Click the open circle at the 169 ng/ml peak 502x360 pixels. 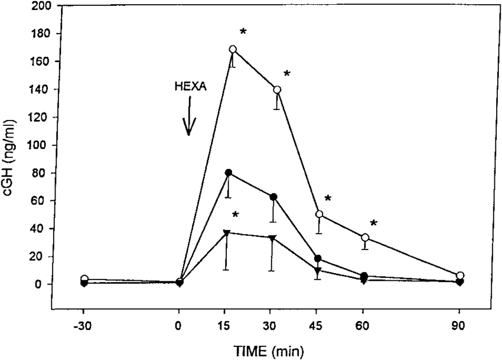(x=233, y=49)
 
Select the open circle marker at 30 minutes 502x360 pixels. (x=277, y=89)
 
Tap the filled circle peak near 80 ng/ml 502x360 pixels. (x=228, y=173)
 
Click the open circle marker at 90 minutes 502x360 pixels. (x=460, y=275)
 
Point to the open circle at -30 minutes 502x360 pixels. (x=84, y=279)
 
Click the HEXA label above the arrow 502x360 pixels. (x=190, y=86)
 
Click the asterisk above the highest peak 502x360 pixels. (x=243, y=31)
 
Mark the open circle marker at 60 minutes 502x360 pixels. (x=366, y=238)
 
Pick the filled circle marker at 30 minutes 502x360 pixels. (x=273, y=197)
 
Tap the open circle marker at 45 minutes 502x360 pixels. (x=320, y=214)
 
